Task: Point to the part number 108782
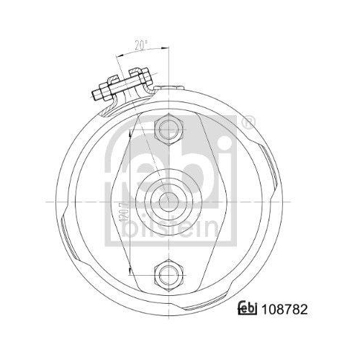pos(287,311)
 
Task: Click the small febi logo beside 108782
pos(248,311)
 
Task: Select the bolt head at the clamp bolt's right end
pos(140,73)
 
